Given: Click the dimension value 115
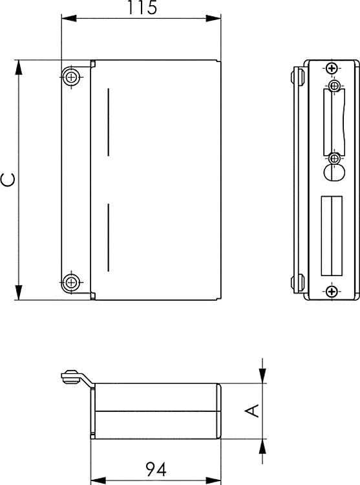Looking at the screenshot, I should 142,8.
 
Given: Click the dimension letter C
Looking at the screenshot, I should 8,179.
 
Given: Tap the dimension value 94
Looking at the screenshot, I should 155,469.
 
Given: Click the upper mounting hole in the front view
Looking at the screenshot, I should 72,78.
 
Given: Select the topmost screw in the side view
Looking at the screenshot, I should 332,69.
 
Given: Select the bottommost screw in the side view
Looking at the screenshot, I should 332,292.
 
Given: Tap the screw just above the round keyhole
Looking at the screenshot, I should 334,158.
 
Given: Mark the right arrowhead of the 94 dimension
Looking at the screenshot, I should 216,480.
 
